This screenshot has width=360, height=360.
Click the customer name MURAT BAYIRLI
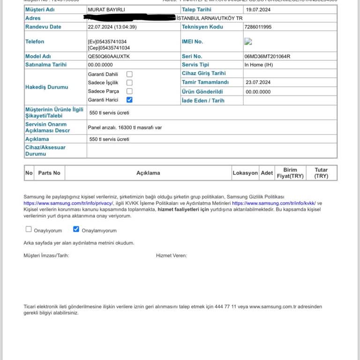(x=106, y=9)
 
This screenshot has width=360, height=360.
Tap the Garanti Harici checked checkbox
(x=129, y=100)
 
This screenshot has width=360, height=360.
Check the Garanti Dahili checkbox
(x=129, y=74)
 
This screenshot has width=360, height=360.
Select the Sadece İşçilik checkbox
(x=129, y=82)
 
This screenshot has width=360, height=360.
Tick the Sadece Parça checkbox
(x=129, y=91)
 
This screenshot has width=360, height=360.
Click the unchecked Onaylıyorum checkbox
(x=29, y=229)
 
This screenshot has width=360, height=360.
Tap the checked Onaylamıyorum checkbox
(x=76, y=229)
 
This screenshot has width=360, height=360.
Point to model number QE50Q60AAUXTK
(x=109, y=56)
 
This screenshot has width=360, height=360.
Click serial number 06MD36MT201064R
(x=267, y=56)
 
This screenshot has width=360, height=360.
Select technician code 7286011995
(x=258, y=27)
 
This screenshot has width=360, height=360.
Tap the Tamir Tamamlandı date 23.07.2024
(x=258, y=82)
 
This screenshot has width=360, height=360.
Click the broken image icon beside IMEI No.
(x=248, y=42)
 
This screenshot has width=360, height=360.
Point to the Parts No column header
(x=49, y=173)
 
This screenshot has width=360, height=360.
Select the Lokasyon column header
(x=245, y=173)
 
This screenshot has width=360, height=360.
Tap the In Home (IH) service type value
(x=258, y=65)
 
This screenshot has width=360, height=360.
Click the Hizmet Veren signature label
(x=172, y=255)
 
